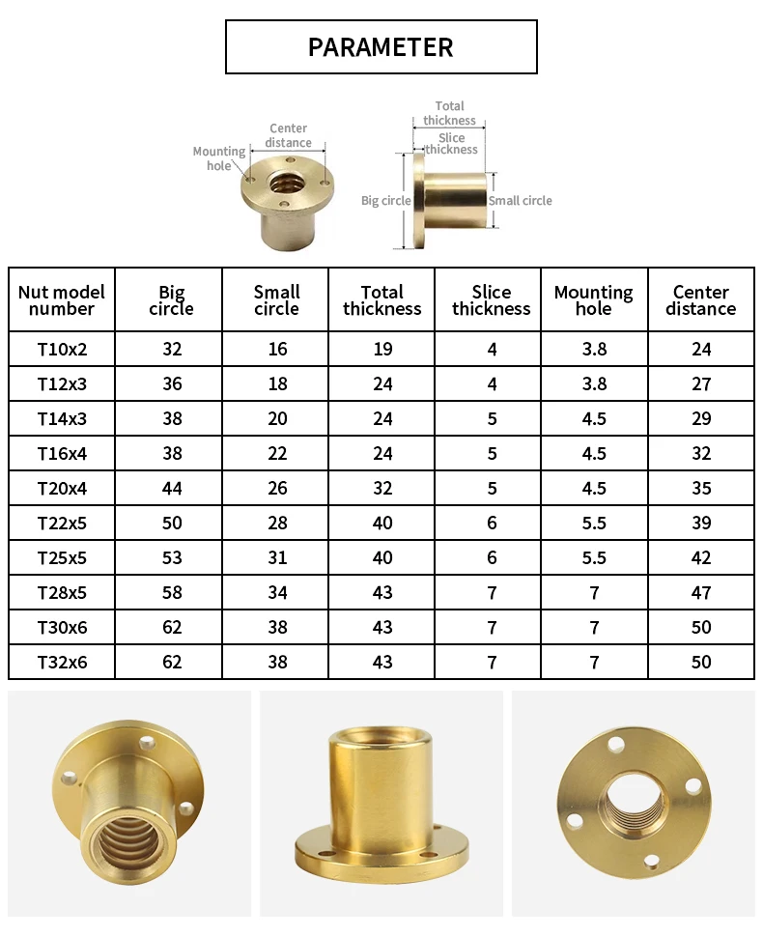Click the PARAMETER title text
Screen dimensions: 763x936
(x=381, y=47)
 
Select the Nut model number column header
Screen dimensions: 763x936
(x=62, y=300)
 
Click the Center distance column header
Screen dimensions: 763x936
(x=701, y=300)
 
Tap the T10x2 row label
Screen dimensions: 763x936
(x=62, y=350)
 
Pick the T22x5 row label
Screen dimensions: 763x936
(x=62, y=524)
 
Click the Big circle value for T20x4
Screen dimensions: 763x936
(x=172, y=489)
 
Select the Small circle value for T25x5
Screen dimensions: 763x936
(x=277, y=558)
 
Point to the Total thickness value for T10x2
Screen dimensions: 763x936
(x=382, y=350)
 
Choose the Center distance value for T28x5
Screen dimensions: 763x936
(x=701, y=593)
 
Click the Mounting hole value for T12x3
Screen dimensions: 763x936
(x=595, y=383)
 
